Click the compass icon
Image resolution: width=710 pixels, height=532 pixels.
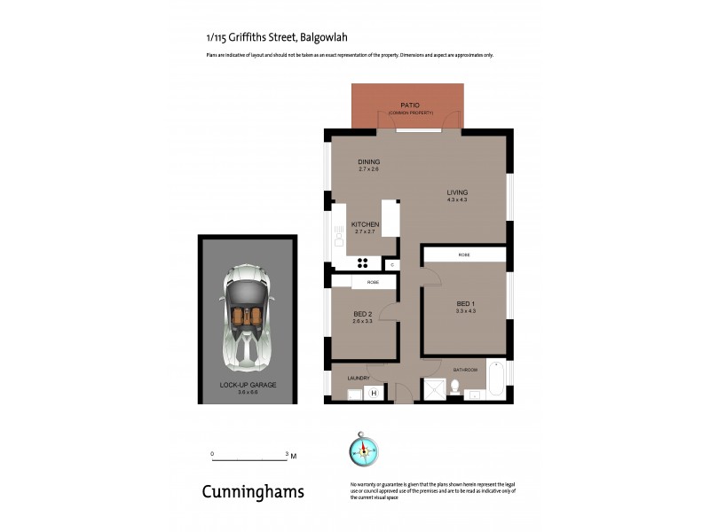pos(364,450)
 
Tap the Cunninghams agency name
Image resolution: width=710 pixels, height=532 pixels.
pos(253,491)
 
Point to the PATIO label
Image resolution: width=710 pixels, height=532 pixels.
pos(409,106)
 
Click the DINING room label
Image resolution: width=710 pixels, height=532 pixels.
pos(368,162)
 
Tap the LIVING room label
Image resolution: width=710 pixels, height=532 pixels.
pos(457,192)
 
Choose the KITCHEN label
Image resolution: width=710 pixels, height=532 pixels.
pos(365,224)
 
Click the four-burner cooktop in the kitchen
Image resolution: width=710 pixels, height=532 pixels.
pos(362,262)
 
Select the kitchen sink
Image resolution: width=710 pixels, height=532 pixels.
pos(338,237)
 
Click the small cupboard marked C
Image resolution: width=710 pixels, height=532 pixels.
pos(391,264)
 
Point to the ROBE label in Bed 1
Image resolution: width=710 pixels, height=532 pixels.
pos(464,254)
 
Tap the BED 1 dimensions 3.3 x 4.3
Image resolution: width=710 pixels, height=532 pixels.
pos(466,310)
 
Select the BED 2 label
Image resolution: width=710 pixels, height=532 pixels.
pos(362,314)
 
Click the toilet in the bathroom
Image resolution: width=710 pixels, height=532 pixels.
pos(454,387)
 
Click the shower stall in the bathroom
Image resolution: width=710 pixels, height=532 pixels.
pos(435,388)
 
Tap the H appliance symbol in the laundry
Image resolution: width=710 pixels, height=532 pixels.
pos(374,393)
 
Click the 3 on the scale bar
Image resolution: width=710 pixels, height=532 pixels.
pos(288,453)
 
